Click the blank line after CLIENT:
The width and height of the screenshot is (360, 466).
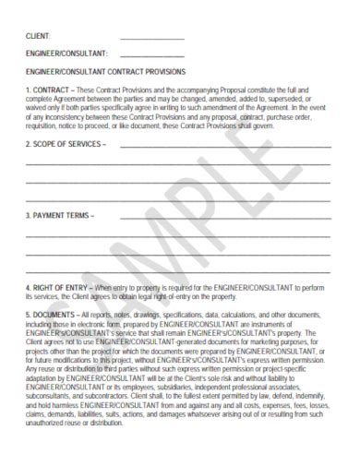(x=152, y=38)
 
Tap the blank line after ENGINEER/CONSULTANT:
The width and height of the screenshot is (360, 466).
(x=152, y=54)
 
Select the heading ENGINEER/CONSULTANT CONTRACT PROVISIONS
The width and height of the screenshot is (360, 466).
(x=105, y=71)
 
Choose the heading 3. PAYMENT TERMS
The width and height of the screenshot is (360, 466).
(x=59, y=216)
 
